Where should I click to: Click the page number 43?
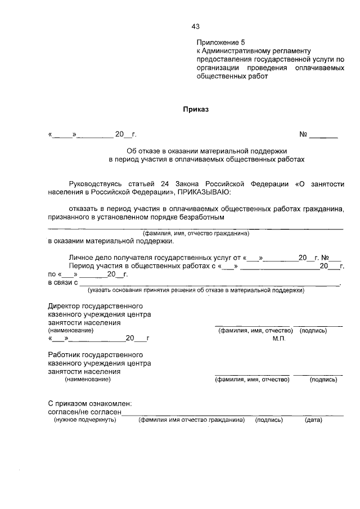pos(195,26)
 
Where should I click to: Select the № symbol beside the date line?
pos(303,134)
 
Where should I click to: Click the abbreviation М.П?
pos(280,339)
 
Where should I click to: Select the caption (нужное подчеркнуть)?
pos(84,420)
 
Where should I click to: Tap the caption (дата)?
pos(313,420)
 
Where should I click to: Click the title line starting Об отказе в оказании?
pos(206,151)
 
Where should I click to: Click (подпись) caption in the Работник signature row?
pos(323,380)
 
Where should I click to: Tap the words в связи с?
pos(62,282)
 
